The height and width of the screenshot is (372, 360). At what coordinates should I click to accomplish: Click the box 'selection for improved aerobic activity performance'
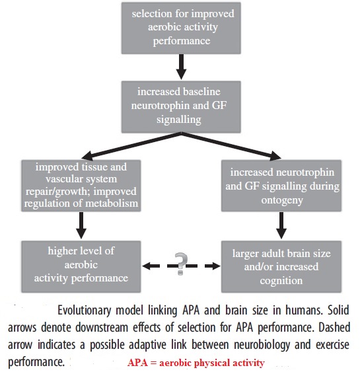click(181, 28)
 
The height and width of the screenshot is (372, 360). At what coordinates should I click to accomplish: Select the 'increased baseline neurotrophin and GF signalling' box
click(181, 107)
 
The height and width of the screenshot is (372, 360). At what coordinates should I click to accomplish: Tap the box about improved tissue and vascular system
click(81, 186)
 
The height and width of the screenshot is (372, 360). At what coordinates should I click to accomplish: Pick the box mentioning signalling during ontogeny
click(281, 186)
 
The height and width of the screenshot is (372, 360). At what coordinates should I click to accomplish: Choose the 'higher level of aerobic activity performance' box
click(81, 267)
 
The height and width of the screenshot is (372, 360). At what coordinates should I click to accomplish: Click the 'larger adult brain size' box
click(281, 267)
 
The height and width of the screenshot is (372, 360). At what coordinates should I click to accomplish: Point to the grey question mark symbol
click(181, 264)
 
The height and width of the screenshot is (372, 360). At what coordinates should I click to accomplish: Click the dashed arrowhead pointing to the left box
click(147, 266)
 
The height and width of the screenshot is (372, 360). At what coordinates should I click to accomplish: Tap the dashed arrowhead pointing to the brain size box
click(215, 266)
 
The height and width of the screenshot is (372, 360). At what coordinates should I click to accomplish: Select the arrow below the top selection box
click(181, 67)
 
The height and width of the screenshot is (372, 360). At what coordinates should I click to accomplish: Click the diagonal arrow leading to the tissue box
click(131, 145)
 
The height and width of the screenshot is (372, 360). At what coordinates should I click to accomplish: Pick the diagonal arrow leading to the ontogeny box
click(231, 145)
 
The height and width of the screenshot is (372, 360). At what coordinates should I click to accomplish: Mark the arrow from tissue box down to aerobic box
click(81, 225)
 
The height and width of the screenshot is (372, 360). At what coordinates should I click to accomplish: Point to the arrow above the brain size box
click(281, 225)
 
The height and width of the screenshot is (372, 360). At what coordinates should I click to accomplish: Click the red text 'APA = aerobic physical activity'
click(196, 363)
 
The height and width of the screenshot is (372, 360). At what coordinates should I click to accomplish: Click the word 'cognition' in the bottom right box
click(281, 281)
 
